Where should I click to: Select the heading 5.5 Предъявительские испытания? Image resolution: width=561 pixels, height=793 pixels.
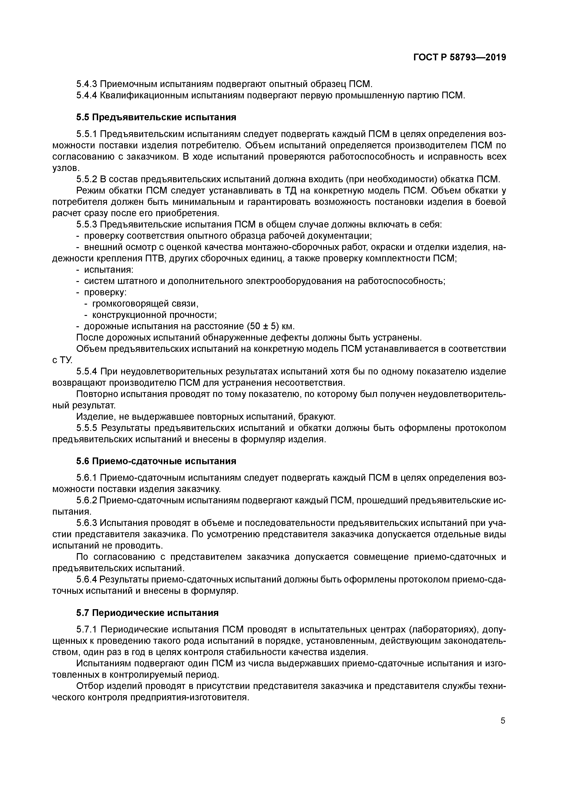click(x=156, y=117)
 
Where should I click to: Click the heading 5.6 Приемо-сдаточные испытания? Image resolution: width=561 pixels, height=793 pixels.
click(x=156, y=462)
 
